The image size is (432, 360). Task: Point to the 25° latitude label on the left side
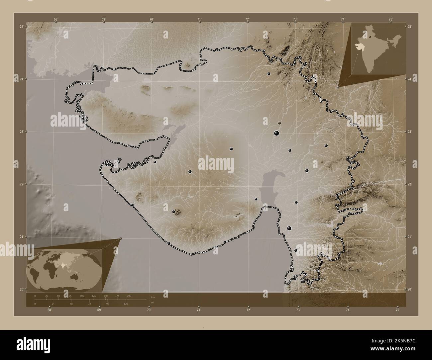[21, 26]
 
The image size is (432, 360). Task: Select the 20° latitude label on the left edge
[21, 289]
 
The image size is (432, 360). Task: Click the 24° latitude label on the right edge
[410, 79]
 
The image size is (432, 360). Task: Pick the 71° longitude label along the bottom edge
[199, 310]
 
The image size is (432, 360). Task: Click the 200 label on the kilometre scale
[129, 296]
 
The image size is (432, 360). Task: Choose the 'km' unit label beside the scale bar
[153, 297]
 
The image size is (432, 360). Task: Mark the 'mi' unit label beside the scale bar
[153, 303]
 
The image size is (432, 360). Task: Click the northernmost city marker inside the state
[269, 74]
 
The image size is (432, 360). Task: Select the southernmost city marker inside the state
[296, 250]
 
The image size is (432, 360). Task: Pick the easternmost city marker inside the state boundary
[326, 145]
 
